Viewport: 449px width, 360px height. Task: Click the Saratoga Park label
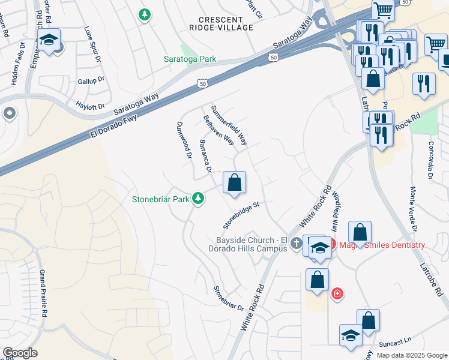click(190, 59)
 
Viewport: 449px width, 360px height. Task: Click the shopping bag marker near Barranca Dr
click(235, 182)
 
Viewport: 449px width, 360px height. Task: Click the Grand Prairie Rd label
click(44, 293)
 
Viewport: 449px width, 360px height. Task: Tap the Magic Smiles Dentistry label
click(382, 245)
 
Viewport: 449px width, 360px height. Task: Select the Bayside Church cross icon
click(296, 243)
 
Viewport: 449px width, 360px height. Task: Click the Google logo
click(19, 353)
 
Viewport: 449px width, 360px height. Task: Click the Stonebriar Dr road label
click(229, 297)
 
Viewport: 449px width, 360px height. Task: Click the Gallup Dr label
click(91, 79)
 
